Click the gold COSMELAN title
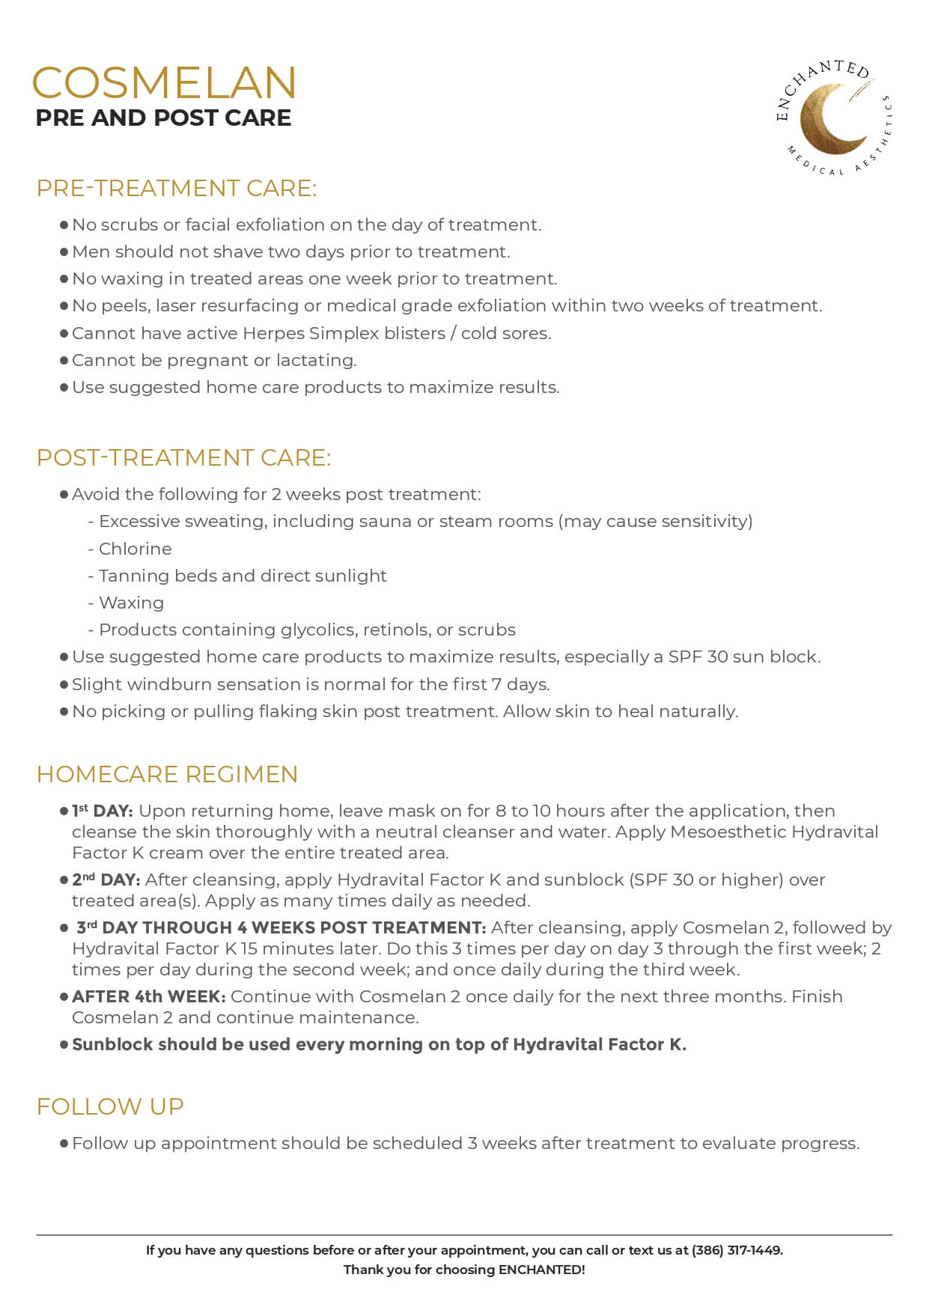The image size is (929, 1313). pyautogui.click(x=164, y=82)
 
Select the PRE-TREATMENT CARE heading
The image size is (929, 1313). pyautogui.click(x=177, y=188)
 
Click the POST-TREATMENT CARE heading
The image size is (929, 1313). pyautogui.click(x=183, y=457)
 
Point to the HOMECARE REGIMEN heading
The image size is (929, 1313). pyautogui.click(x=167, y=774)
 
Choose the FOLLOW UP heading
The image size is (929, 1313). pyautogui.click(x=110, y=1106)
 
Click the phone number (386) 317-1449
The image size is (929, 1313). pyautogui.click(x=737, y=1250)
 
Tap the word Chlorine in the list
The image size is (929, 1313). pyautogui.click(x=135, y=549)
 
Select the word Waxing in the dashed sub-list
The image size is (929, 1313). pyautogui.click(x=131, y=603)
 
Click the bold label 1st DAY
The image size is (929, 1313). pyautogui.click(x=103, y=811)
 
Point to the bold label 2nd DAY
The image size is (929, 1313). pyautogui.click(x=106, y=880)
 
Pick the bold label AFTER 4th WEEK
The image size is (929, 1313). pyautogui.click(x=148, y=996)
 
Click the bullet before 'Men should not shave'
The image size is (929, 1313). pyautogui.click(x=64, y=252)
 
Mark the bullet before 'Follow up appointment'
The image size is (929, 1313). pyautogui.click(x=64, y=1143)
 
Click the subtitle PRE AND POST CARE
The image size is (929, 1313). pyautogui.click(x=163, y=118)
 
